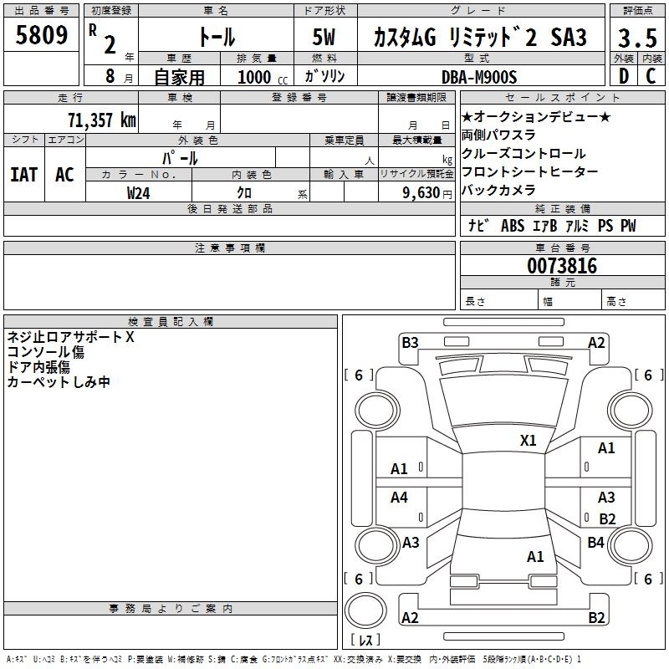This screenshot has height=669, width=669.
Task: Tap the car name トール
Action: [x=215, y=37]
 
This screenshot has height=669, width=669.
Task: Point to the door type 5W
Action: [x=324, y=38]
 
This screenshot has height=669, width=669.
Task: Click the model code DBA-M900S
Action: [x=479, y=77]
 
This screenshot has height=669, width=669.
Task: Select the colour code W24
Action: [x=139, y=192]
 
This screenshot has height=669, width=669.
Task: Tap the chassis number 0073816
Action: [x=561, y=267]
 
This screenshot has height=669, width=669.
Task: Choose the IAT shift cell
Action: [x=23, y=174]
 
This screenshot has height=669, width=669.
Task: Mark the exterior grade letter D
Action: [x=623, y=76]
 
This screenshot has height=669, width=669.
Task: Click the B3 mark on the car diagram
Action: [x=410, y=342]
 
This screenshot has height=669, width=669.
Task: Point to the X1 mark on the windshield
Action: [x=528, y=440]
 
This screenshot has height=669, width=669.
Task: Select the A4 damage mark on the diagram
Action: [x=400, y=498]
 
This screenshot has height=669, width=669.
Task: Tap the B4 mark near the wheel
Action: [x=595, y=543]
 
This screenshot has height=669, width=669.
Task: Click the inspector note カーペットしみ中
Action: [x=59, y=382]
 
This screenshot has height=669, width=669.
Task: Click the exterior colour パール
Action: [x=180, y=157]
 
